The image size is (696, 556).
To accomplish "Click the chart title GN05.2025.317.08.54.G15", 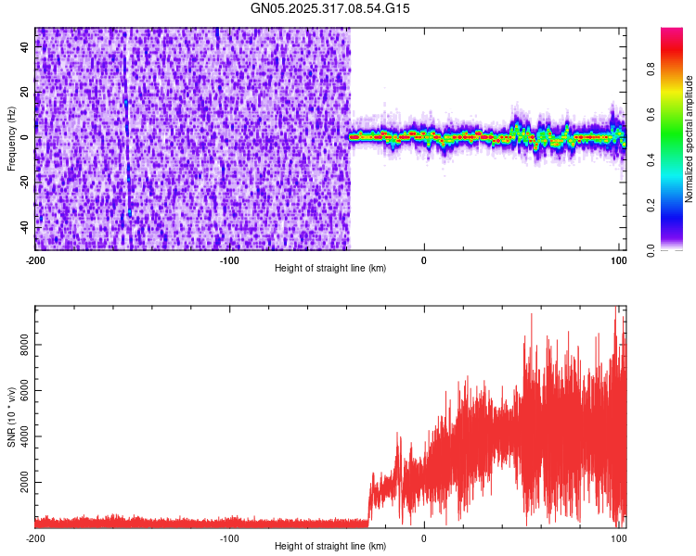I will point(330,8).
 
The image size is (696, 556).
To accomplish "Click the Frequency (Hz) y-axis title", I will point(11,137).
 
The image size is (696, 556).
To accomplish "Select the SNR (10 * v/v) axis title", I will point(11,417).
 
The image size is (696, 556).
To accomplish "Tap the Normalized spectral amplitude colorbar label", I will point(689,139).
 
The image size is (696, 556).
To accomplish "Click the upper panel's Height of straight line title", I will point(330,269).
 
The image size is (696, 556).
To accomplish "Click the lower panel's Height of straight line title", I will point(330,547).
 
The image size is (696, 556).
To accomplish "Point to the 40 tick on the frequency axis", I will point(24,48).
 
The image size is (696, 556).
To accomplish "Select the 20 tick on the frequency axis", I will point(24,93).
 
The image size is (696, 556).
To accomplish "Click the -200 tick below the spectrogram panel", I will point(35,259).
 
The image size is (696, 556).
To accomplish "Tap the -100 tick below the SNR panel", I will point(229,537).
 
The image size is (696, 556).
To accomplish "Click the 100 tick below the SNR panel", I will point(618,537).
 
